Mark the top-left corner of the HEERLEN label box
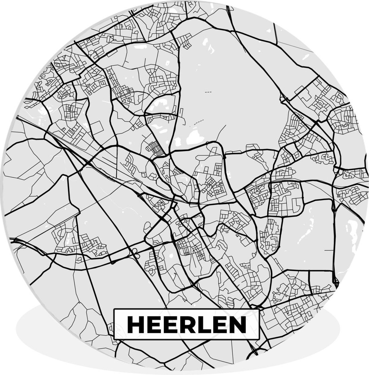(114, 309)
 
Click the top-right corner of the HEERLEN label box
(260, 309)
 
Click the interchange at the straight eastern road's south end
(336, 283)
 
